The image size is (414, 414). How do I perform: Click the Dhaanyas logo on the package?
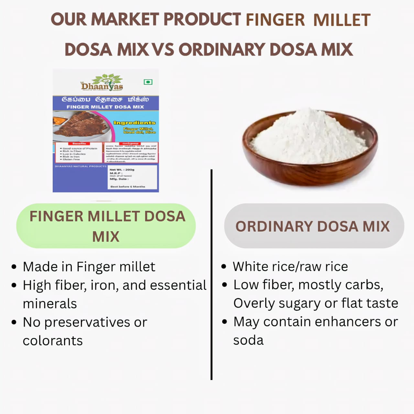coord(102,83)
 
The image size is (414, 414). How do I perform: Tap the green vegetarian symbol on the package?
coord(148,82)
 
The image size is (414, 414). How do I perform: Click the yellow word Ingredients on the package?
coord(134,123)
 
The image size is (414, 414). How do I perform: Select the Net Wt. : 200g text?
coord(122,169)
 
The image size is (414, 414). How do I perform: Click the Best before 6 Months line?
coord(128,187)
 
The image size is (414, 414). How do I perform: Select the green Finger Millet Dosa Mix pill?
coord(106,226)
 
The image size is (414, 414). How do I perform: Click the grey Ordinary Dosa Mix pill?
coord(314,226)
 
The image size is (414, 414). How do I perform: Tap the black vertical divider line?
coord(211,275)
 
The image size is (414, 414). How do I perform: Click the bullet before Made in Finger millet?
coord(14,267)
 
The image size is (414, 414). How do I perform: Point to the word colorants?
coord(52,341)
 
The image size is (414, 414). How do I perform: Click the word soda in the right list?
coord(248,340)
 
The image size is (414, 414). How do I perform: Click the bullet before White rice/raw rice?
coord(224,267)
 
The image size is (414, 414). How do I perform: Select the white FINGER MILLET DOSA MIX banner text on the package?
coord(105,107)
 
